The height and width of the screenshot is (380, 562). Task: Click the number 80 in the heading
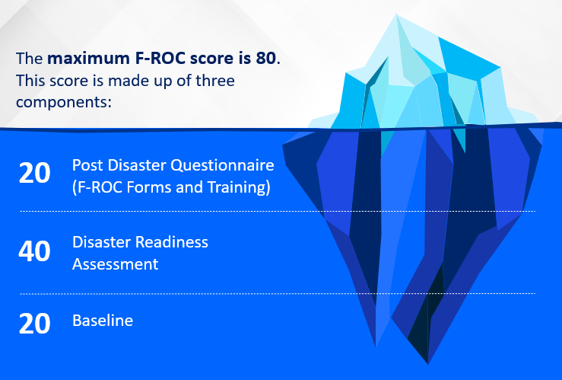point(266,58)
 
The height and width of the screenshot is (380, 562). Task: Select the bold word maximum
point(88,59)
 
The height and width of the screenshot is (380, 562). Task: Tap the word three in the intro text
point(215,81)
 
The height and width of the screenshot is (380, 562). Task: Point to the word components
point(63,103)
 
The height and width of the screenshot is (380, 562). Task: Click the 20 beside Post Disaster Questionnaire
point(34,173)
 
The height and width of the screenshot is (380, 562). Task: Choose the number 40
point(34,251)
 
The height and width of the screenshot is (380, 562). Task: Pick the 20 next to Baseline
point(34,324)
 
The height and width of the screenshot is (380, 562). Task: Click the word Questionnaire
point(222,166)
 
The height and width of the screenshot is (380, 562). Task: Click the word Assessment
point(116,264)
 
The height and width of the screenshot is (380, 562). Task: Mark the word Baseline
point(103,321)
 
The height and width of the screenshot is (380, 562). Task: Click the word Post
point(87,165)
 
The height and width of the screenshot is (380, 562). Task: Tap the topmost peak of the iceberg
point(396,14)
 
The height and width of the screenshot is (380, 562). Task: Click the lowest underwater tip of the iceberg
point(427,364)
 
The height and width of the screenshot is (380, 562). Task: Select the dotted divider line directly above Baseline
point(278,293)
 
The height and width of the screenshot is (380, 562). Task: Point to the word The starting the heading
point(30,59)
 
